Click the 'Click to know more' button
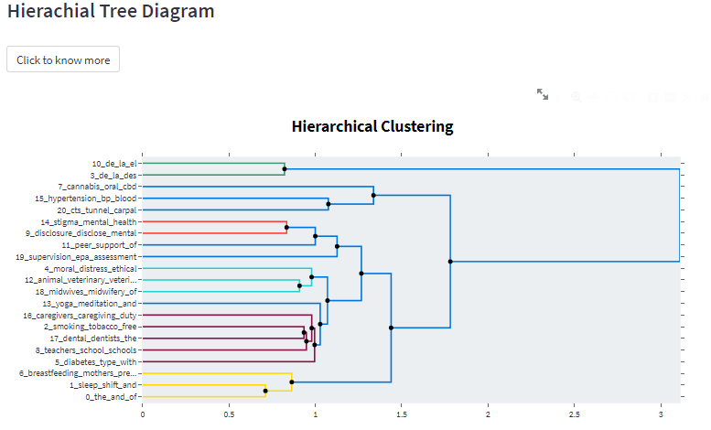click(63, 59)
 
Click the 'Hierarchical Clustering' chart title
click(372, 126)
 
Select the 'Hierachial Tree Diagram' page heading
click(111, 12)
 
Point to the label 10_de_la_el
click(114, 163)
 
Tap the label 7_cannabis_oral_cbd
click(97, 187)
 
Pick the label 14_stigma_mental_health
click(89, 221)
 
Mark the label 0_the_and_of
click(111, 397)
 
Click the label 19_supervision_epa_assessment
click(76, 257)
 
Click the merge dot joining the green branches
click(284, 168)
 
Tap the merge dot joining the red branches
click(286, 227)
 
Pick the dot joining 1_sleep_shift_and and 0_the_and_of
click(265, 391)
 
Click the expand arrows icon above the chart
click(543, 94)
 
